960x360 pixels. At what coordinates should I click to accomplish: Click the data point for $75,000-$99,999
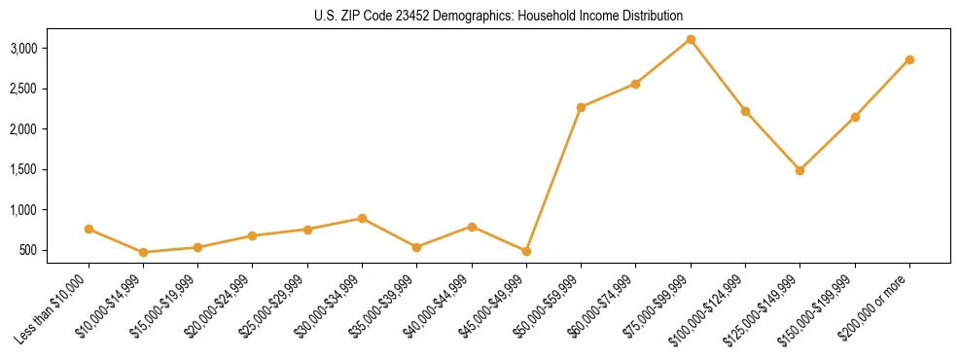(691, 40)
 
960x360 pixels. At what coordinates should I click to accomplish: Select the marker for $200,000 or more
(909, 59)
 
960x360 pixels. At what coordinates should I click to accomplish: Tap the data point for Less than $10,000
(89, 229)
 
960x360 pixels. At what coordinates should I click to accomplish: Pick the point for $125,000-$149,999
(800, 170)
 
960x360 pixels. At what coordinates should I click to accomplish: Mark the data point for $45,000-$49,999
(526, 251)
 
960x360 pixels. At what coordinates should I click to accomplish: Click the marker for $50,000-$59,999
(581, 107)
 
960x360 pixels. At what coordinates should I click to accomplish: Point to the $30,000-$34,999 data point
(362, 218)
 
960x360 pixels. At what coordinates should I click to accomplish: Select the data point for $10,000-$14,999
(143, 252)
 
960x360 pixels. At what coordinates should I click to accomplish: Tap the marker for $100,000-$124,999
(745, 111)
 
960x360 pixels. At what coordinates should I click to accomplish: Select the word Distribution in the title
(650, 16)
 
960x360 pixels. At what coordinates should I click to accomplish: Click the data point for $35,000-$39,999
(416, 247)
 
